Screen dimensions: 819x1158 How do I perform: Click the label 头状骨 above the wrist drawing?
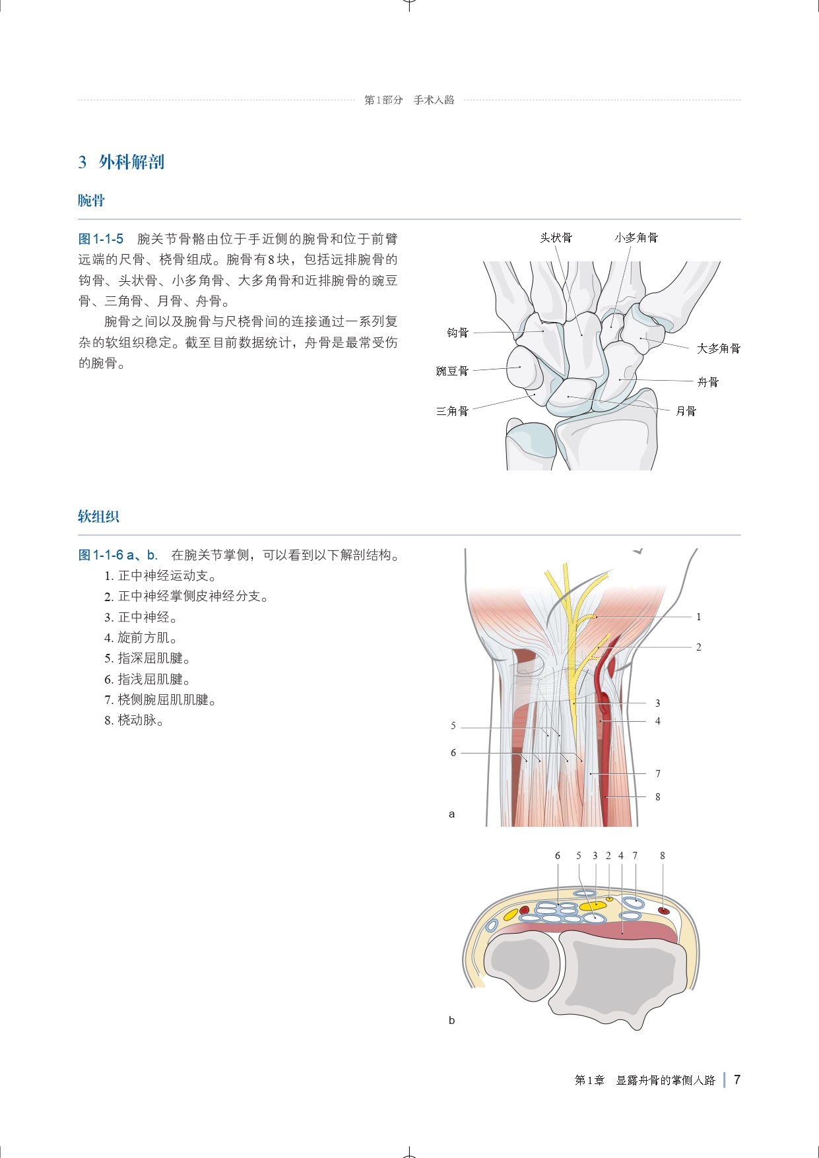(x=556, y=238)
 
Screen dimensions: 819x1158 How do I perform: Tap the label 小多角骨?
(x=636, y=238)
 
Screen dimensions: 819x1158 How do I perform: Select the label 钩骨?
(x=457, y=333)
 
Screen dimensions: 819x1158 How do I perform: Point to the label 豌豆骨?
(x=452, y=371)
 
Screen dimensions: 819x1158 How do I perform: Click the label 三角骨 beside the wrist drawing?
(x=452, y=411)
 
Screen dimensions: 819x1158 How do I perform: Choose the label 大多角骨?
(x=719, y=348)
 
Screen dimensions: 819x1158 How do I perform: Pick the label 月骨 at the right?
(x=686, y=411)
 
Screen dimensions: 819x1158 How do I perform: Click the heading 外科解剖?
(x=131, y=162)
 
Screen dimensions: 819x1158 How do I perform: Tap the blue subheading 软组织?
(x=98, y=517)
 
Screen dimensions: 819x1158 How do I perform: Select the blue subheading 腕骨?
(x=91, y=201)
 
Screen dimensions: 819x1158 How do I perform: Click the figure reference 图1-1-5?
(x=101, y=239)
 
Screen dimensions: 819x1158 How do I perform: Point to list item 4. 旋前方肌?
(x=141, y=637)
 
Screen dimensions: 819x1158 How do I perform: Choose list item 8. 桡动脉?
(x=134, y=720)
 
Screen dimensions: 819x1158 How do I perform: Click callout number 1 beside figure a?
(x=698, y=617)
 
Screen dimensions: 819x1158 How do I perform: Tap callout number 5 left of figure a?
(x=453, y=726)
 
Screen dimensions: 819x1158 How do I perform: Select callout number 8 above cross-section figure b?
(x=662, y=856)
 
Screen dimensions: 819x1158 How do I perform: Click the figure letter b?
(x=451, y=1020)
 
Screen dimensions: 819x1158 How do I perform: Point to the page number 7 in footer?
(x=737, y=1079)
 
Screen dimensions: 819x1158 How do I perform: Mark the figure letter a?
(x=451, y=814)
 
